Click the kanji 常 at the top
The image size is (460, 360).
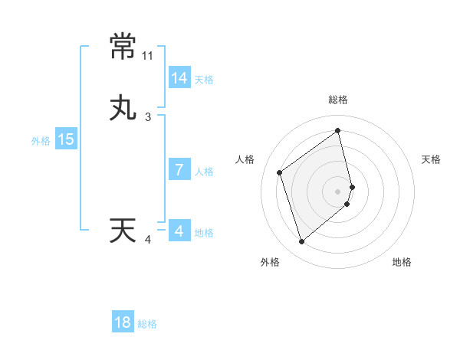[123, 47]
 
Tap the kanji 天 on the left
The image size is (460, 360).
[123, 231]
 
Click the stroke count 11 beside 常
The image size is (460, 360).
[148, 56]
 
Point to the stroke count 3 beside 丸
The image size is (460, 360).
[148, 117]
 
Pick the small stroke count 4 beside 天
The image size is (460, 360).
[148, 240]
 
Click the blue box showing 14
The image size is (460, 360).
[179, 78]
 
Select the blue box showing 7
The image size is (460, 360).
[179, 170]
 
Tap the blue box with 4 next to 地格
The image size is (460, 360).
[179, 231]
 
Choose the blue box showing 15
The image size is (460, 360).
[66, 139]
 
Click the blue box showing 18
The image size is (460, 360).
[123, 322]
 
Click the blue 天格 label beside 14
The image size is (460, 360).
[204, 80]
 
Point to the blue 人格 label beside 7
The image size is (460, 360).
[204, 172]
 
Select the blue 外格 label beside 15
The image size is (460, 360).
[41, 141]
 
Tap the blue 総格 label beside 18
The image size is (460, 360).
[147, 324]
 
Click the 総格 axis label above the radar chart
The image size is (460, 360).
[338, 100]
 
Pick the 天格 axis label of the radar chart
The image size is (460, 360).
[431, 159]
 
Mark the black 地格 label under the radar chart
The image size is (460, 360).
[402, 262]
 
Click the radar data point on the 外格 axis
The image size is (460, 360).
[301, 242]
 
